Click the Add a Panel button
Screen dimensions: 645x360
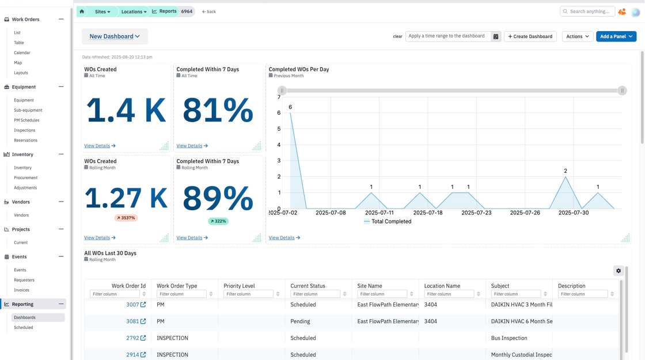tap(616, 36)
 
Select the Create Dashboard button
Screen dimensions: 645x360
tap(530, 36)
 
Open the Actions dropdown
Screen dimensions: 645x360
tap(578, 36)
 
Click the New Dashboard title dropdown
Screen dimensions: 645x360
tap(115, 36)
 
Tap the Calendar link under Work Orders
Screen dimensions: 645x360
tap(22, 52)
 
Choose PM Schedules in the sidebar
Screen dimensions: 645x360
tap(26, 120)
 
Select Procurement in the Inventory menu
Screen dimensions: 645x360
tap(25, 178)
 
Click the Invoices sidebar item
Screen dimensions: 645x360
tap(21, 290)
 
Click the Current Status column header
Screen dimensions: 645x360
tap(308, 286)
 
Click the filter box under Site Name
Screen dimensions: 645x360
tap(382, 294)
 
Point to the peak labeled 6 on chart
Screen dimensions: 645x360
tap(290, 113)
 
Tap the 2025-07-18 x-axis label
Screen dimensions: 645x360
tap(427, 213)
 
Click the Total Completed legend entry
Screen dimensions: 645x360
tap(388, 221)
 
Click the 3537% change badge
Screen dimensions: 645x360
tap(126, 218)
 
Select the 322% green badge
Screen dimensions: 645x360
tap(218, 221)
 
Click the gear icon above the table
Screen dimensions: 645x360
tap(619, 271)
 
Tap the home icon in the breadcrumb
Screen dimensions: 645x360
tap(82, 12)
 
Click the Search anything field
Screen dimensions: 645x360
tap(587, 12)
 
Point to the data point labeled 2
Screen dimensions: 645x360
tap(566, 177)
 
